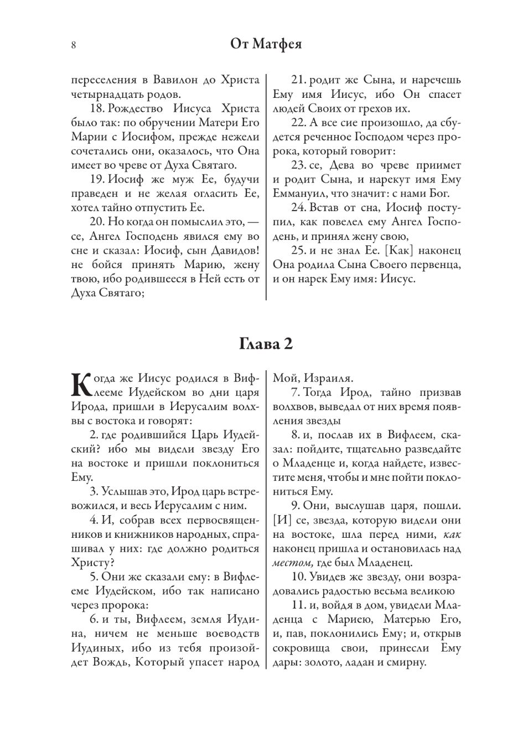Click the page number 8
pyautogui.click(x=74, y=45)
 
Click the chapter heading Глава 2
pyautogui.click(x=266, y=344)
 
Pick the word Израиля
pyautogui.click(x=327, y=379)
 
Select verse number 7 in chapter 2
pyautogui.click(x=294, y=392)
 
